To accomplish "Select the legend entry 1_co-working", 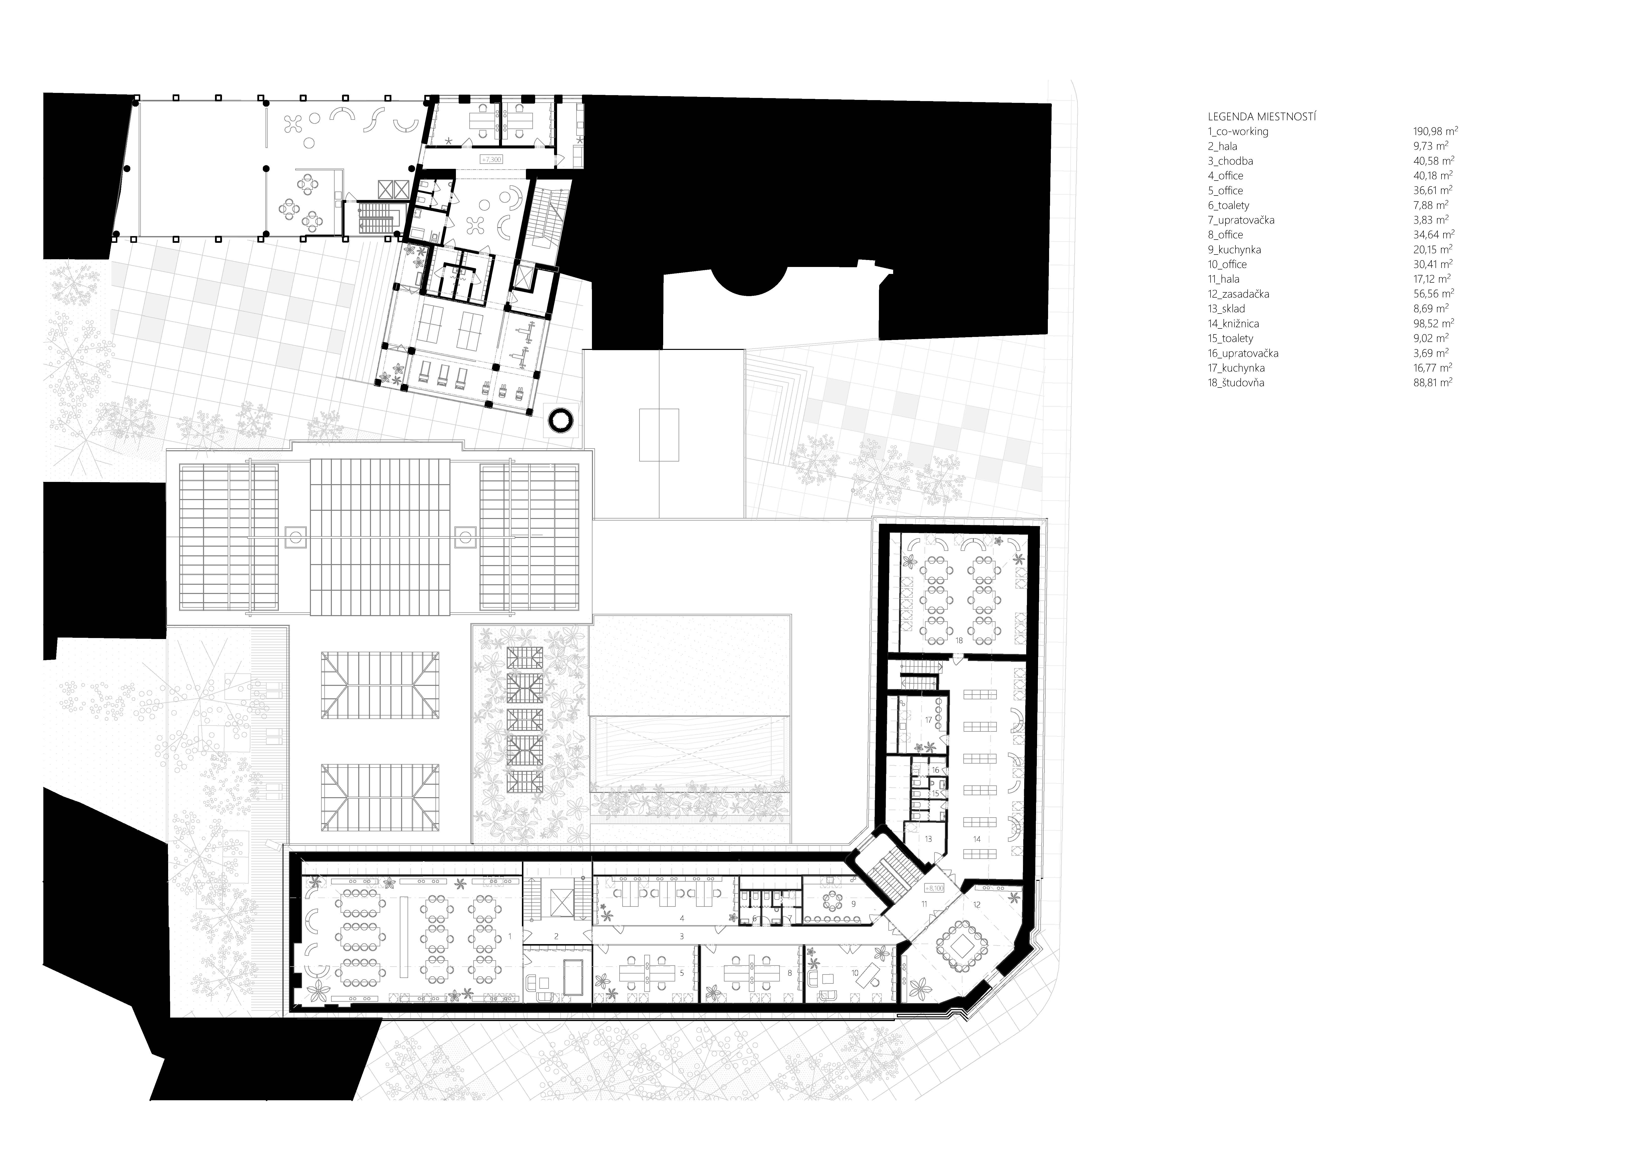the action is click(1238, 131).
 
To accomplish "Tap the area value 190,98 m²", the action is click(1435, 131).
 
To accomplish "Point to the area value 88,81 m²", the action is click(1433, 382).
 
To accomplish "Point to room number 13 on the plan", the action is click(928, 839).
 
